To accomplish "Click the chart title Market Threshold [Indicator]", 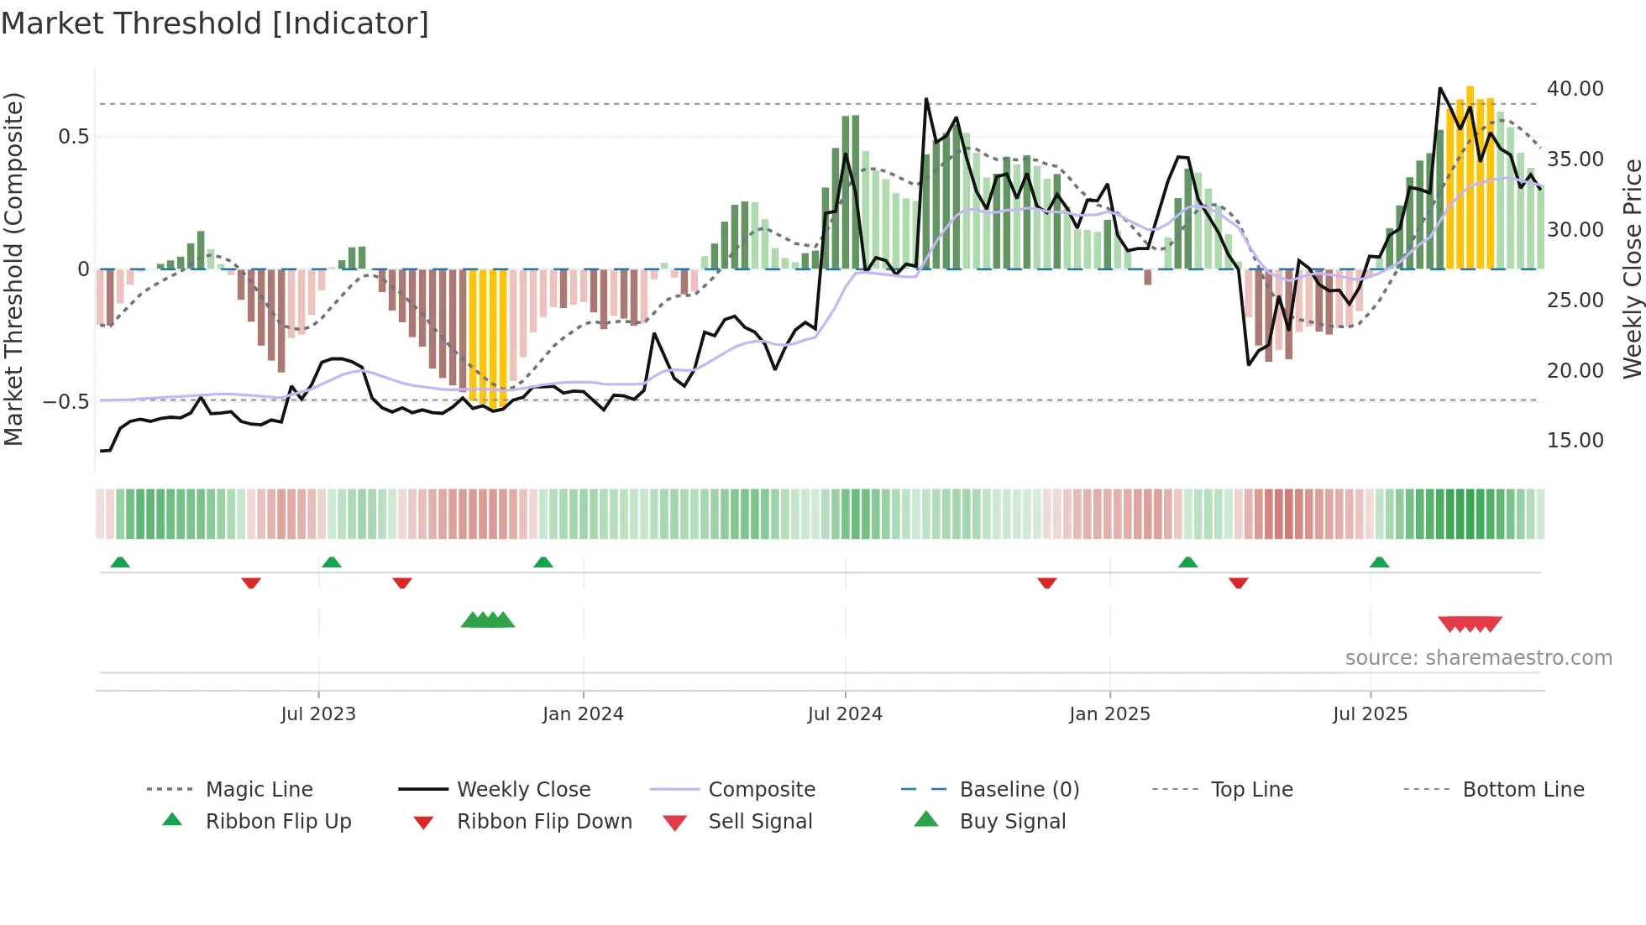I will (215, 24).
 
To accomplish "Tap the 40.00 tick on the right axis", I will (1575, 89).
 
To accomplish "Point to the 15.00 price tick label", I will (1575, 441).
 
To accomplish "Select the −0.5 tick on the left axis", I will (66, 402).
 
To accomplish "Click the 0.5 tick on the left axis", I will (73, 137).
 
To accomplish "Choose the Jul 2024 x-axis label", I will (845, 714).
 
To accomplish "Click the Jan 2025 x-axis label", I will (1109, 714).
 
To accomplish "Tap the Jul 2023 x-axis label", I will (318, 714).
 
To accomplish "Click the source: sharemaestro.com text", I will (1478, 658).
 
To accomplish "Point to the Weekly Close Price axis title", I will (1632, 269).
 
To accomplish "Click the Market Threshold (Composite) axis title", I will (13, 269).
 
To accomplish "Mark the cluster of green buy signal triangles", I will (488, 620).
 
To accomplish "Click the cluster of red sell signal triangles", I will (1470, 624).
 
